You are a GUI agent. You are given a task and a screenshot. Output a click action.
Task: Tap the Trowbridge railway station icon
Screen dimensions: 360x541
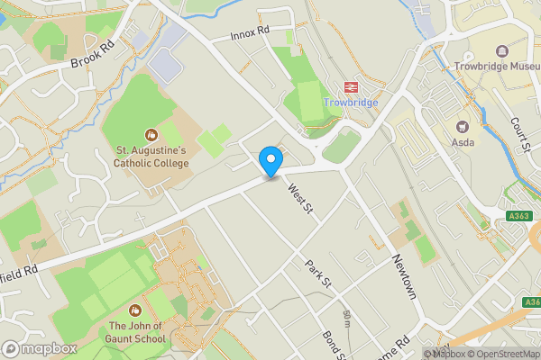350,87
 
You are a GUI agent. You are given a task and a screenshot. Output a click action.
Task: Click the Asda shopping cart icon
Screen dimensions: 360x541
463,127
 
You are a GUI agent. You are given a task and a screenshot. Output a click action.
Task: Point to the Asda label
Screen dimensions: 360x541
463,143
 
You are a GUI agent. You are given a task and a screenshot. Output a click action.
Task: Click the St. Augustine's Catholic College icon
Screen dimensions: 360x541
151,135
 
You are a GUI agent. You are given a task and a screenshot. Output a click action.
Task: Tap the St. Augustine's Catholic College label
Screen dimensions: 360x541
151,157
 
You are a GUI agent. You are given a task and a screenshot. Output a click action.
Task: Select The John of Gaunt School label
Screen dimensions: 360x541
137,332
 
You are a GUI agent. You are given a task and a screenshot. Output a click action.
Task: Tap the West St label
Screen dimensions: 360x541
299,200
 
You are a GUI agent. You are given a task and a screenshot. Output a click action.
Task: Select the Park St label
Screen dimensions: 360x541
318,275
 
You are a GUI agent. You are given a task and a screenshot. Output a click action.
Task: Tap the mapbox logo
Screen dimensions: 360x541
39,348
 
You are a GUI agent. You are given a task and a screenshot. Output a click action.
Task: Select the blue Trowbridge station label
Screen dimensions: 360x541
351,103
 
